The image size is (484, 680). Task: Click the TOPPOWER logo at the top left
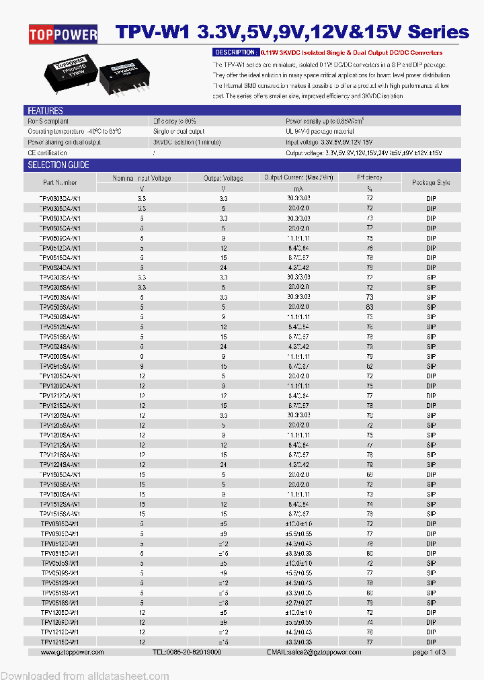click(63, 34)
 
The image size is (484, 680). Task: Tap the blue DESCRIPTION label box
click(235, 52)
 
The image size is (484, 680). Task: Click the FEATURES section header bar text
click(45, 111)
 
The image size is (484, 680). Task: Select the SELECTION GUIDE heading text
click(58, 165)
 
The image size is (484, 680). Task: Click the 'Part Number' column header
click(60, 183)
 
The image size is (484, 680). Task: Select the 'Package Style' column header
click(431, 183)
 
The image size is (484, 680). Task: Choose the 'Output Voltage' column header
click(223, 178)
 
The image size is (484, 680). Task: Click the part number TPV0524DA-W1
click(60, 267)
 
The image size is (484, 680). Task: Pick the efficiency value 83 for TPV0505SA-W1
click(369, 306)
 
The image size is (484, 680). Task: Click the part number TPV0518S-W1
click(60, 602)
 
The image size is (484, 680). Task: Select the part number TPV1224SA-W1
click(60, 464)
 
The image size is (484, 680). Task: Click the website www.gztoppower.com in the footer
click(72, 652)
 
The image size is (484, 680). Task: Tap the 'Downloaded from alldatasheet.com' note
click(85, 675)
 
